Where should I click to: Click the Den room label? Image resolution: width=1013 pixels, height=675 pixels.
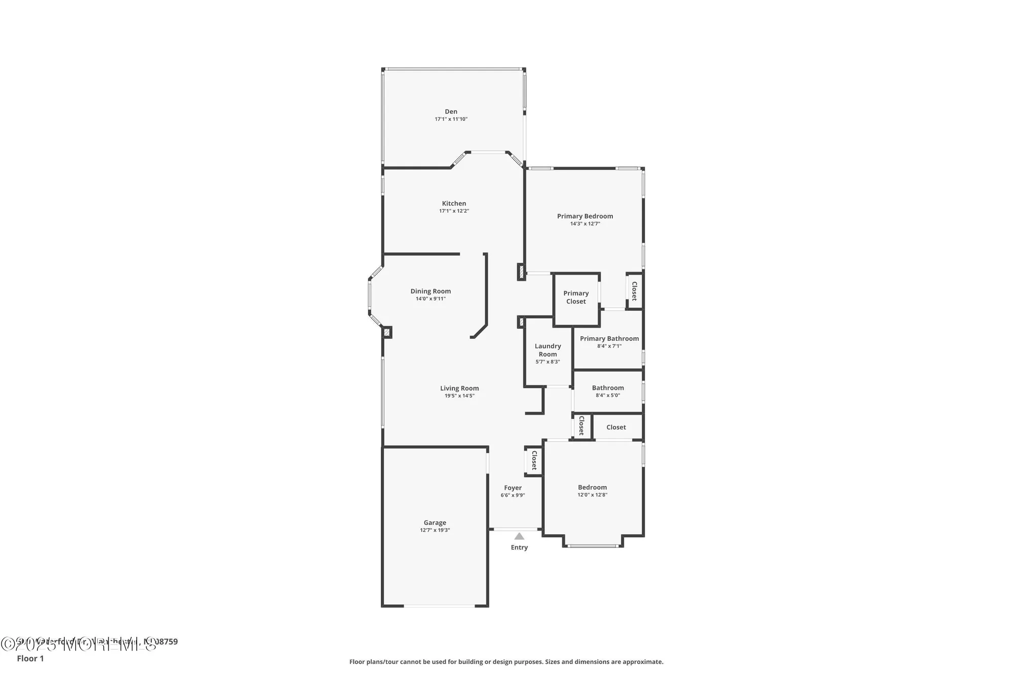pyautogui.click(x=451, y=111)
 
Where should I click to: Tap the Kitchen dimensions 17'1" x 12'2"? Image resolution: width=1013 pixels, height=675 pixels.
pyautogui.click(x=454, y=211)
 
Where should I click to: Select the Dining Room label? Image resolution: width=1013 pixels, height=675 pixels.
pyautogui.click(x=431, y=291)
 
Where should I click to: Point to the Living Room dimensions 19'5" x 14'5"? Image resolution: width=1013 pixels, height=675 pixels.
pyautogui.click(x=459, y=396)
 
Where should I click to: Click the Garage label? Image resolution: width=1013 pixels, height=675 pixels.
pyautogui.click(x=435, y=523)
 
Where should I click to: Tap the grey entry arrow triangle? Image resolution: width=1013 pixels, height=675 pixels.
pyautogui.click(x=519, y=536)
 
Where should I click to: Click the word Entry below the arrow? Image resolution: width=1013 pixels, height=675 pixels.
pyautogui.click(x=519, y=547)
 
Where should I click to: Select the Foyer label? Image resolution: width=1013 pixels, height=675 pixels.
pyautogui.click(x=513, y=488)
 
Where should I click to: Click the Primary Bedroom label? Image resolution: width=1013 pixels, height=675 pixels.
pyautogui.click(x=585, y=216)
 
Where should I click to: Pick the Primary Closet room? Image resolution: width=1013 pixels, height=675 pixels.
pyautogui.click(x=576, y=297)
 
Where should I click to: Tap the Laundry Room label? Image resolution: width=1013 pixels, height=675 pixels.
pyautogui.click(x=548, y=350)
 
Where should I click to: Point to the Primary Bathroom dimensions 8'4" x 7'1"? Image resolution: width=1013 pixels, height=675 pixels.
pyautogui.click(x=609, y=346)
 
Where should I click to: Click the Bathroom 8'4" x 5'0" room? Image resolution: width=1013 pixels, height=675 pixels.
pyautogui.click(x=608, y=391)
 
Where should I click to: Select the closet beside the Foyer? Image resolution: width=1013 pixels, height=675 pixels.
pyautogui.click(x=534, y=461)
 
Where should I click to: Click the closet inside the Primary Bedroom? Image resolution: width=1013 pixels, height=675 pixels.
pyautogui.click(x=634, y=291)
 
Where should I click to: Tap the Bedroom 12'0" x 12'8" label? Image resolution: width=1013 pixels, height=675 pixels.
pyautogui.click(x=592, y=488)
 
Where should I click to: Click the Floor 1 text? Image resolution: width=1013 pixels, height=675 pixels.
pyautogui.click(x=30, y=658)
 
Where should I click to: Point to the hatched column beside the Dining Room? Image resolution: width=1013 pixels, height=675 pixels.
pyautogui.click(x=386, y=333)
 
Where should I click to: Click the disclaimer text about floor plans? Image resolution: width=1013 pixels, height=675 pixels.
pyautogui.click(x=506, y=662)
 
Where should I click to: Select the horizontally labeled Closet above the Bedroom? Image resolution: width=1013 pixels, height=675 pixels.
pyautogui.click(x=616, y=427)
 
